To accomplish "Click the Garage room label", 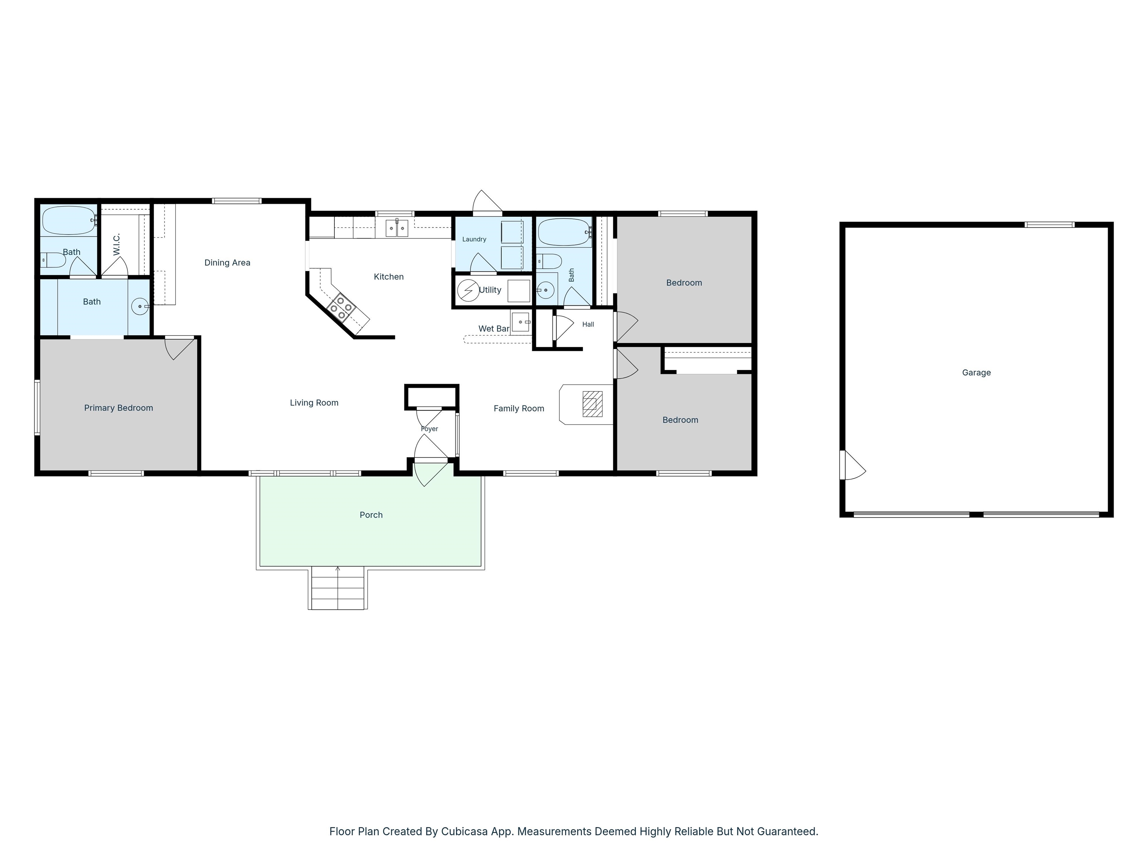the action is (976, 373).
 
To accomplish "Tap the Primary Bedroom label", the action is (118, 408).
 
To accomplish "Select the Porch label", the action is (371, 515).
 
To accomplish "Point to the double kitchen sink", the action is (396, 228).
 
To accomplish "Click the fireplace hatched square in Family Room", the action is (592, 404).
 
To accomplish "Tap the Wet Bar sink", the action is (520, 322).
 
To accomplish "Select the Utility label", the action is (490, 290).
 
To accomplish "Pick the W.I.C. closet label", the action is (117, 244).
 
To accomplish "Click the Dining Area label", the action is (227, 263).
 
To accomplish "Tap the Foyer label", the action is (429, 429).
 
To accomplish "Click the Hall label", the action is (588, 324).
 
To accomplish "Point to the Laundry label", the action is (474, 239).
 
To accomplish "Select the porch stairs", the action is (338, 588).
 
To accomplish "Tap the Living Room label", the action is (314, 403).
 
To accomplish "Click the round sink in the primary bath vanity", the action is (140, 306).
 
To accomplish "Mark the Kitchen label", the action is (389, 277).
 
